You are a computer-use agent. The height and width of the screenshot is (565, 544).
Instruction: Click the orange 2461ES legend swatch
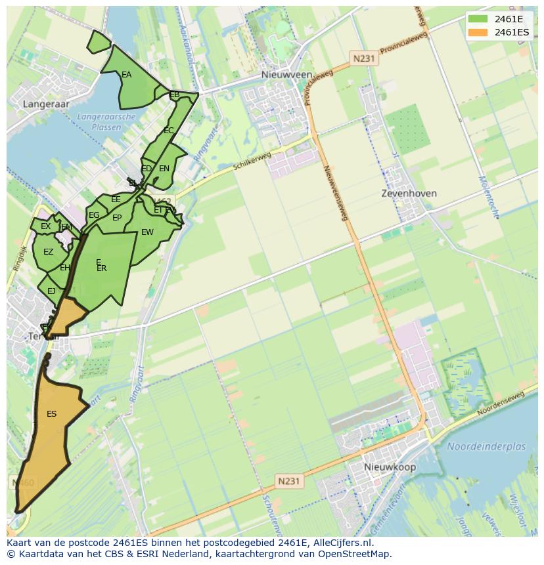(x=478, y=32)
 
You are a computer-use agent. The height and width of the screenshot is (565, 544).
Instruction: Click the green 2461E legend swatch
(x=478, y=18)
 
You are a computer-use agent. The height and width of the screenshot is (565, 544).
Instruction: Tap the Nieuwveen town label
(x=286, y=75)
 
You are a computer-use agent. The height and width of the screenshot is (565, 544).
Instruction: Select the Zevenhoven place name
(x=409, y=194)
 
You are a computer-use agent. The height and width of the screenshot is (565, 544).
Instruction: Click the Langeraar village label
(x=46, y=104)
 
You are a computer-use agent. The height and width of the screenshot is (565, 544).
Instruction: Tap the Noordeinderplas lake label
(x=486, y=447)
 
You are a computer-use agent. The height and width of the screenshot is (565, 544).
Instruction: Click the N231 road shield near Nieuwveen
(x=363, y=58)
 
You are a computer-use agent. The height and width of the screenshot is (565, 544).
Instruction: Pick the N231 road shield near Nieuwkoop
(x=288, y=481)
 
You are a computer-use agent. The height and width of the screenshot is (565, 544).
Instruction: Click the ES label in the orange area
(x=51, y=414)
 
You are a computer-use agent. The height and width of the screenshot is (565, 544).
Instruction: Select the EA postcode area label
(x=126, y=75)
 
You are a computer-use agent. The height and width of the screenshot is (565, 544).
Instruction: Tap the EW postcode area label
(x=147, y=232)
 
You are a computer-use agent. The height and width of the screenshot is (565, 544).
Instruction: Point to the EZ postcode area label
(x=48, y=252)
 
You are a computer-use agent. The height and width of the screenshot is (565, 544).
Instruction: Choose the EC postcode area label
(x=168, y=131)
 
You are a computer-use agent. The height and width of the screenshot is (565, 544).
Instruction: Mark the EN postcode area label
(x=164, y=169)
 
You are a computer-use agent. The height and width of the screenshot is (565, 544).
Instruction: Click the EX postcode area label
(x=45, y=226)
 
